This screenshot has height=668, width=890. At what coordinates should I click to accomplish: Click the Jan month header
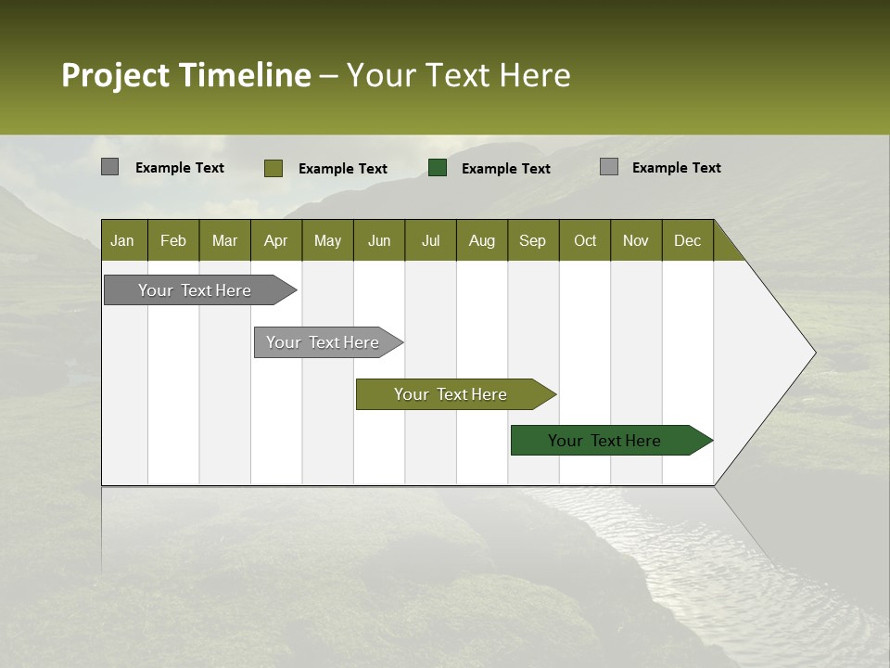tap(123, 240)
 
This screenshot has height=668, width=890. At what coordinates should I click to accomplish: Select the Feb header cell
tap(173, 240)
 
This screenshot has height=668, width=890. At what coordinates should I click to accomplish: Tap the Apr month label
tap(276, 240)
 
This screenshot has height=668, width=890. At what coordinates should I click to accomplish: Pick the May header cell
tap(327, 240)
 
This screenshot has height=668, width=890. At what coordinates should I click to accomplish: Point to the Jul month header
tap(430, 240)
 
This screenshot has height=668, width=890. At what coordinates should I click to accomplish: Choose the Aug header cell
tap(482, 240)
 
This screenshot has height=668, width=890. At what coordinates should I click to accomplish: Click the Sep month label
tap(533, 240)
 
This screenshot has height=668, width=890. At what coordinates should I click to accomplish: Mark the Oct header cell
tap(585, 240)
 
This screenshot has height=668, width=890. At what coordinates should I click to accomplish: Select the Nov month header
tap(636, 240)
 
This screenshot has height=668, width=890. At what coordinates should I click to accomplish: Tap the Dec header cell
tap(688, 240)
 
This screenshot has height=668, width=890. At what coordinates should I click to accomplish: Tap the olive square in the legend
tap(273, 168)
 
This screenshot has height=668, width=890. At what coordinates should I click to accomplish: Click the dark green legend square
tap(438, 168)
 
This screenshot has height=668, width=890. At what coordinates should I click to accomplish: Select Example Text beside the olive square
tap(343, 169)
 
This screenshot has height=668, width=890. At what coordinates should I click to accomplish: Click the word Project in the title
tap(115, 75)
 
